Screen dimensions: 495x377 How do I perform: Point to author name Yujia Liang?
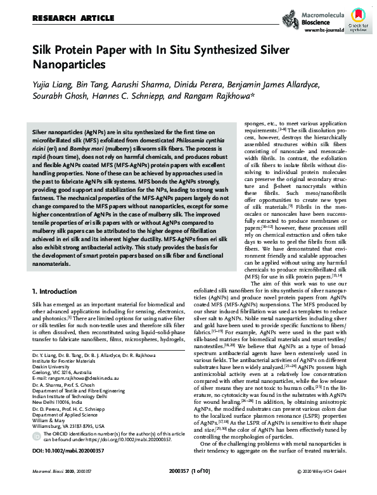click(54, 85)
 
